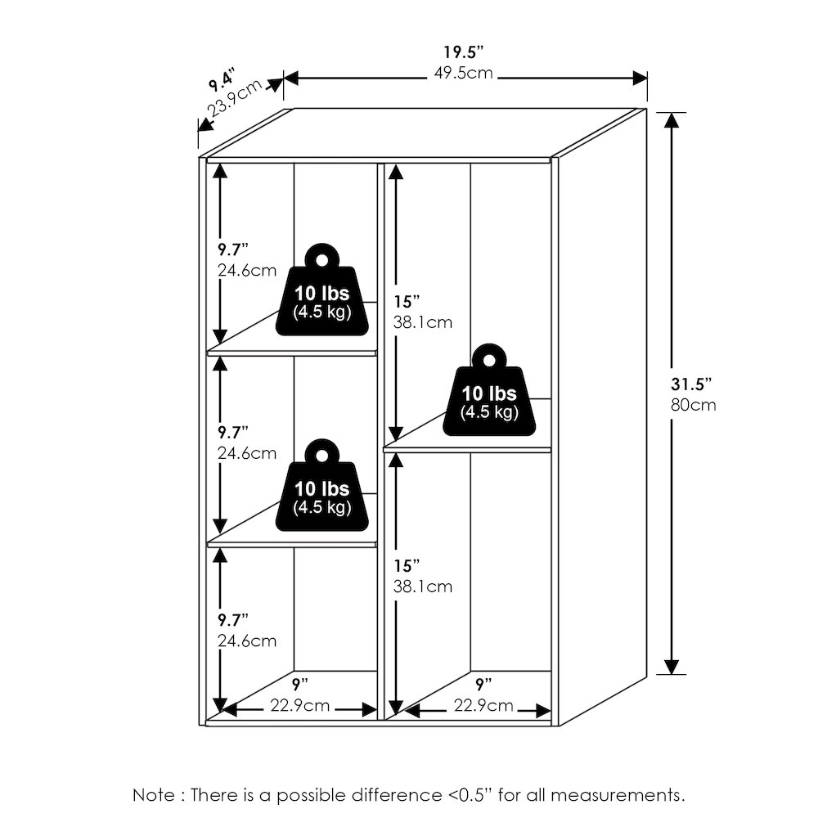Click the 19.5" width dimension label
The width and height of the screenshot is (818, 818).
click(x=464, y=52)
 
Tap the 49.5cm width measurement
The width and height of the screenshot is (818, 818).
click(x=463, y=73)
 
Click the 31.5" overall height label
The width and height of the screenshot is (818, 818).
click(x=691, y=384)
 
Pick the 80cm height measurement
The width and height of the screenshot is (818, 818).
click(x=694, y=405)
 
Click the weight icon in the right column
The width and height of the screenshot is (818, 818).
click(x=489, y=389)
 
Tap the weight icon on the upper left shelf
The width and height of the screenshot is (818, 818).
click(x=321, y=290)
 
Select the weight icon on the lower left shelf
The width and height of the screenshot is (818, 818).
click(x=321, y=485)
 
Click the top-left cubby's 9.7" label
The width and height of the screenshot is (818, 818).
click(x=232, y=249)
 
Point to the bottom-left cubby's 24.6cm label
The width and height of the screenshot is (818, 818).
click(x=247, y=640)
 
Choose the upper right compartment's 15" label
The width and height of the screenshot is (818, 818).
click(x=407, y=302)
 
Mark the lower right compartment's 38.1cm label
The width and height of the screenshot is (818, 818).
click(x=423, y=587)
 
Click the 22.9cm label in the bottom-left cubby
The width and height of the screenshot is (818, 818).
click(x=300, y=705)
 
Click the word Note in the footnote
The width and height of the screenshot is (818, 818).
click(x=154, y=795)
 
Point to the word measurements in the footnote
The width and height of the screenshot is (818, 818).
click(x=618, y=795)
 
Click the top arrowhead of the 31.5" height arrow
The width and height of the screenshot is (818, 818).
click(x=672, y=120)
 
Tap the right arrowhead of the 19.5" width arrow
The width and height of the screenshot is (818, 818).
click(x=640, y=79)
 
